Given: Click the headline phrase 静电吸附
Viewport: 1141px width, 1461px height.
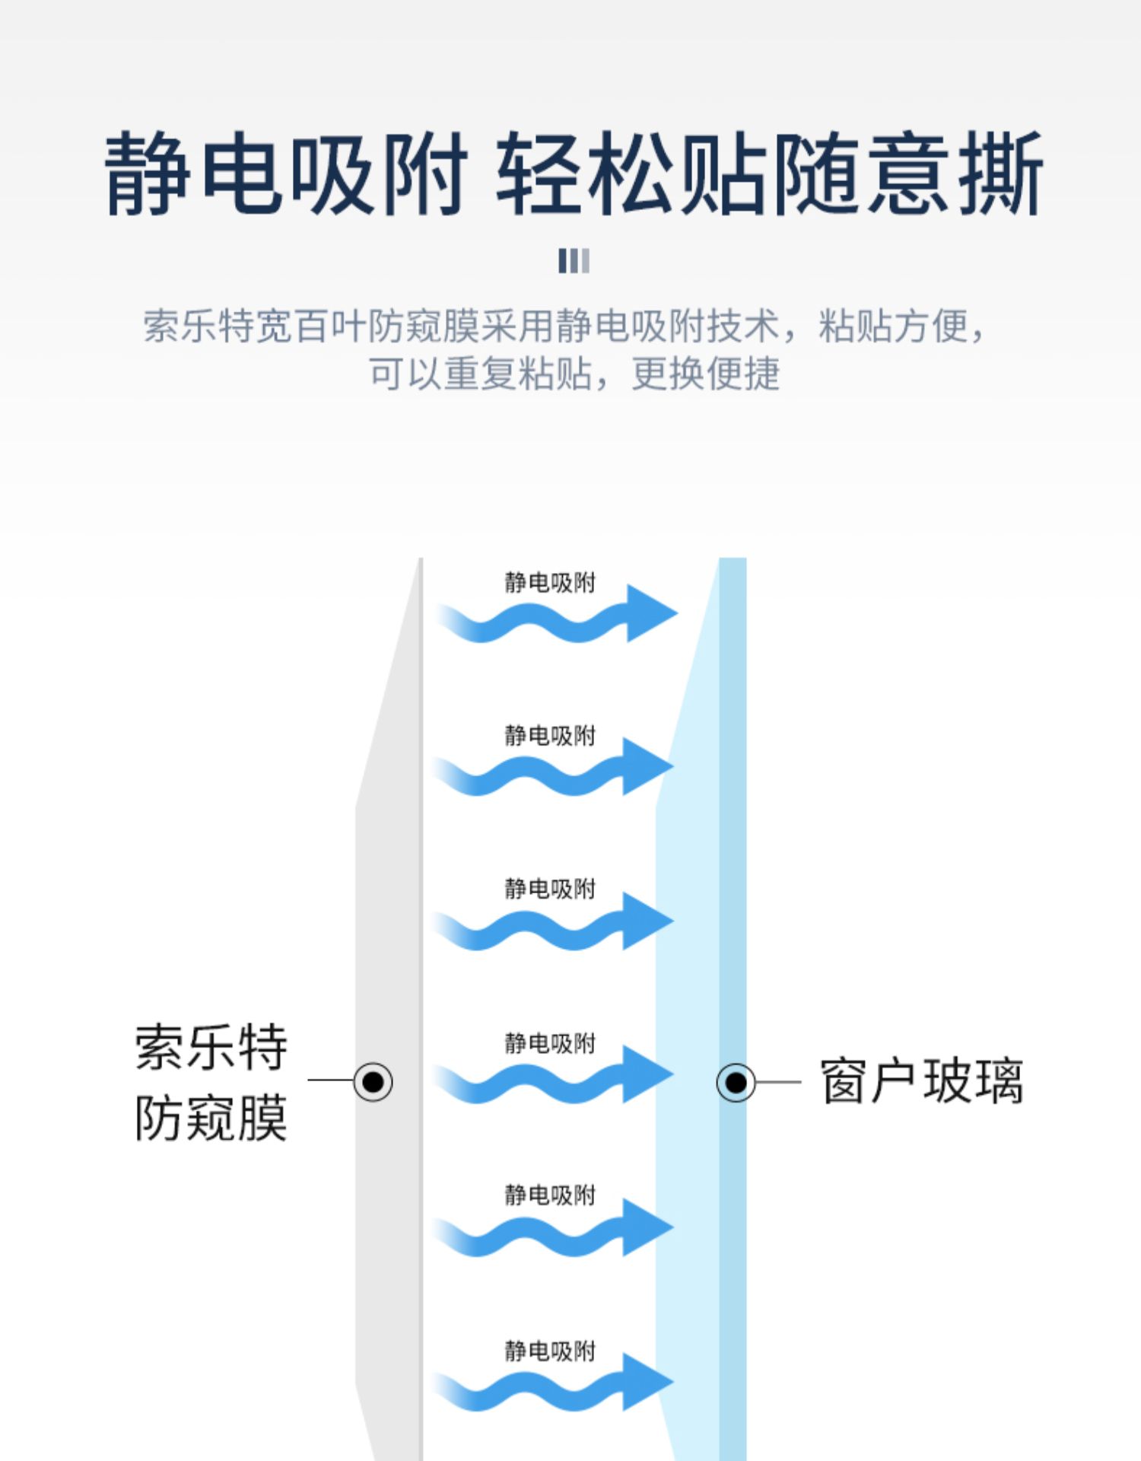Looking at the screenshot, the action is [285, 173].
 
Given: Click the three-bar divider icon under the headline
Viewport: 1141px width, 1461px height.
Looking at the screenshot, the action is [574, 260].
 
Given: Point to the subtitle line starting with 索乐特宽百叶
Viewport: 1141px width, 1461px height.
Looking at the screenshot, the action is [565, 326].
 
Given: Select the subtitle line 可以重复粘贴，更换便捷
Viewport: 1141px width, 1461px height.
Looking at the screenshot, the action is [575, 374].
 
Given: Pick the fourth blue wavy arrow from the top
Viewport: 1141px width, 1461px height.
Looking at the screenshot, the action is [552, 1075].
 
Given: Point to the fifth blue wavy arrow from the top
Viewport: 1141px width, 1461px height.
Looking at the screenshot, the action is [552, 1228].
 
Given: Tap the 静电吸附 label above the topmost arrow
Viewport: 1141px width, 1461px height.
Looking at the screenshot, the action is [550, 583].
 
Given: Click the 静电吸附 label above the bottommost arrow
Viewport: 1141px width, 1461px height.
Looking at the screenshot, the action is [550, 1351].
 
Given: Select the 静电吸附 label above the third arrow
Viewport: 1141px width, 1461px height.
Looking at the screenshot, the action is [550, 889].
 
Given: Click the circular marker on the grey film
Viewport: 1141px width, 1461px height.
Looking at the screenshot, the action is [373, 1081].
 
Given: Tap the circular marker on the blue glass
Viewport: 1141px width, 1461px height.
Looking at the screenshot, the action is [736, 1082].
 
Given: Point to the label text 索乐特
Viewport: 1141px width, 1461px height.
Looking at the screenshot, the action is [211, 1047].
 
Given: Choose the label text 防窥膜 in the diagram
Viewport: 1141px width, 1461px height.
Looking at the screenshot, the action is [211, 1118].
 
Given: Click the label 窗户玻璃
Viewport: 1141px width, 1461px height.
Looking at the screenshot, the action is [922, 1081].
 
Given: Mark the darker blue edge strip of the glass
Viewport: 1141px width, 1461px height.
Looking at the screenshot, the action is [733, 1009].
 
